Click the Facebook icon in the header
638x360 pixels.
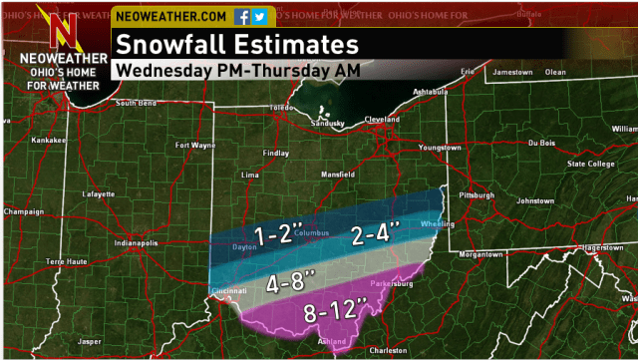coord(242,17)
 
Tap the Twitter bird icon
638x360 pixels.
coord(259,17)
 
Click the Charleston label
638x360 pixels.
coord(388,350)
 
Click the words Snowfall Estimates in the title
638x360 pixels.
coord(236,45)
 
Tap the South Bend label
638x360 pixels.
coord(138,104)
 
